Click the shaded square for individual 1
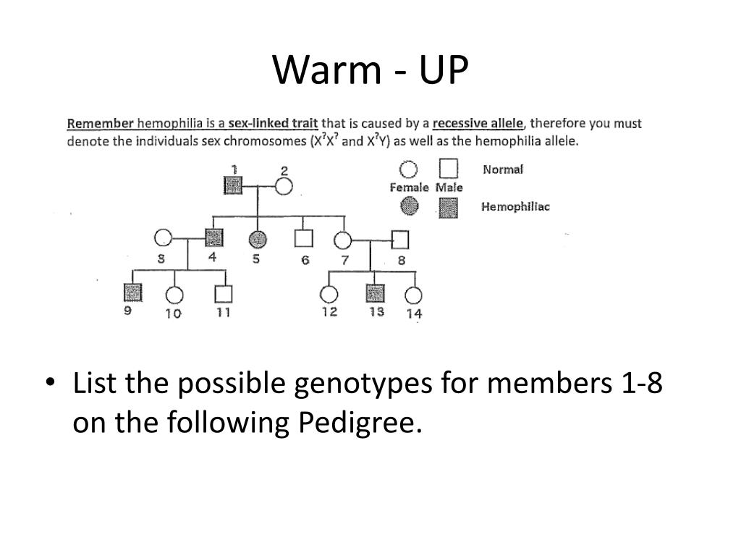click(233, 186)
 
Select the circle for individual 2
click(283, 187)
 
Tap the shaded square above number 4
click(213, 237)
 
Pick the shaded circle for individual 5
click(257, 238)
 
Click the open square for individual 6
click(303, 238)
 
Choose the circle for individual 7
click(343, 240)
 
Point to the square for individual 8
click(400, 239)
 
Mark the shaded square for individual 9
click(132, 292)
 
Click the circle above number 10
click(174, 294)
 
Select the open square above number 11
click(224, 293)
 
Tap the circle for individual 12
click(329, 294)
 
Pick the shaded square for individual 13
click(375, 293)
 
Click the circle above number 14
click(413, 295)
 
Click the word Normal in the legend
click(503, 169)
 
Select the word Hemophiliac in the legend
click(515, 207)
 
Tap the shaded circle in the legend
click(410, 207)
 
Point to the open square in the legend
click(448, 169)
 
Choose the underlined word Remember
click(100, 123)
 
